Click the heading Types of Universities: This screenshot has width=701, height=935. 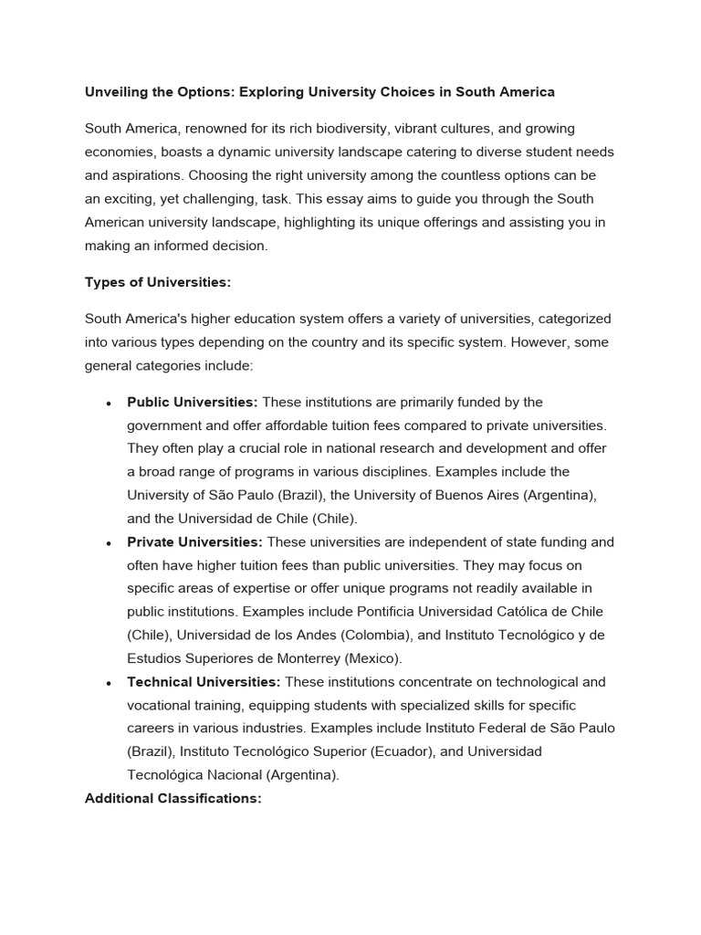click(158, 283)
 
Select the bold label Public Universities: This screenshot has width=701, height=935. click(193, 403)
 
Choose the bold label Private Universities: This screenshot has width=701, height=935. click(194, 542)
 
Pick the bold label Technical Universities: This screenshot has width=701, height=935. click(204, 682)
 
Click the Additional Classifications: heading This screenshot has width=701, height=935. click(173, 798)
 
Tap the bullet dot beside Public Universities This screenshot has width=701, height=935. click(109, 404)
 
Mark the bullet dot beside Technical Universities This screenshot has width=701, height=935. click(109, 683)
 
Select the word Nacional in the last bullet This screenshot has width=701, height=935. click(232, 775)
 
